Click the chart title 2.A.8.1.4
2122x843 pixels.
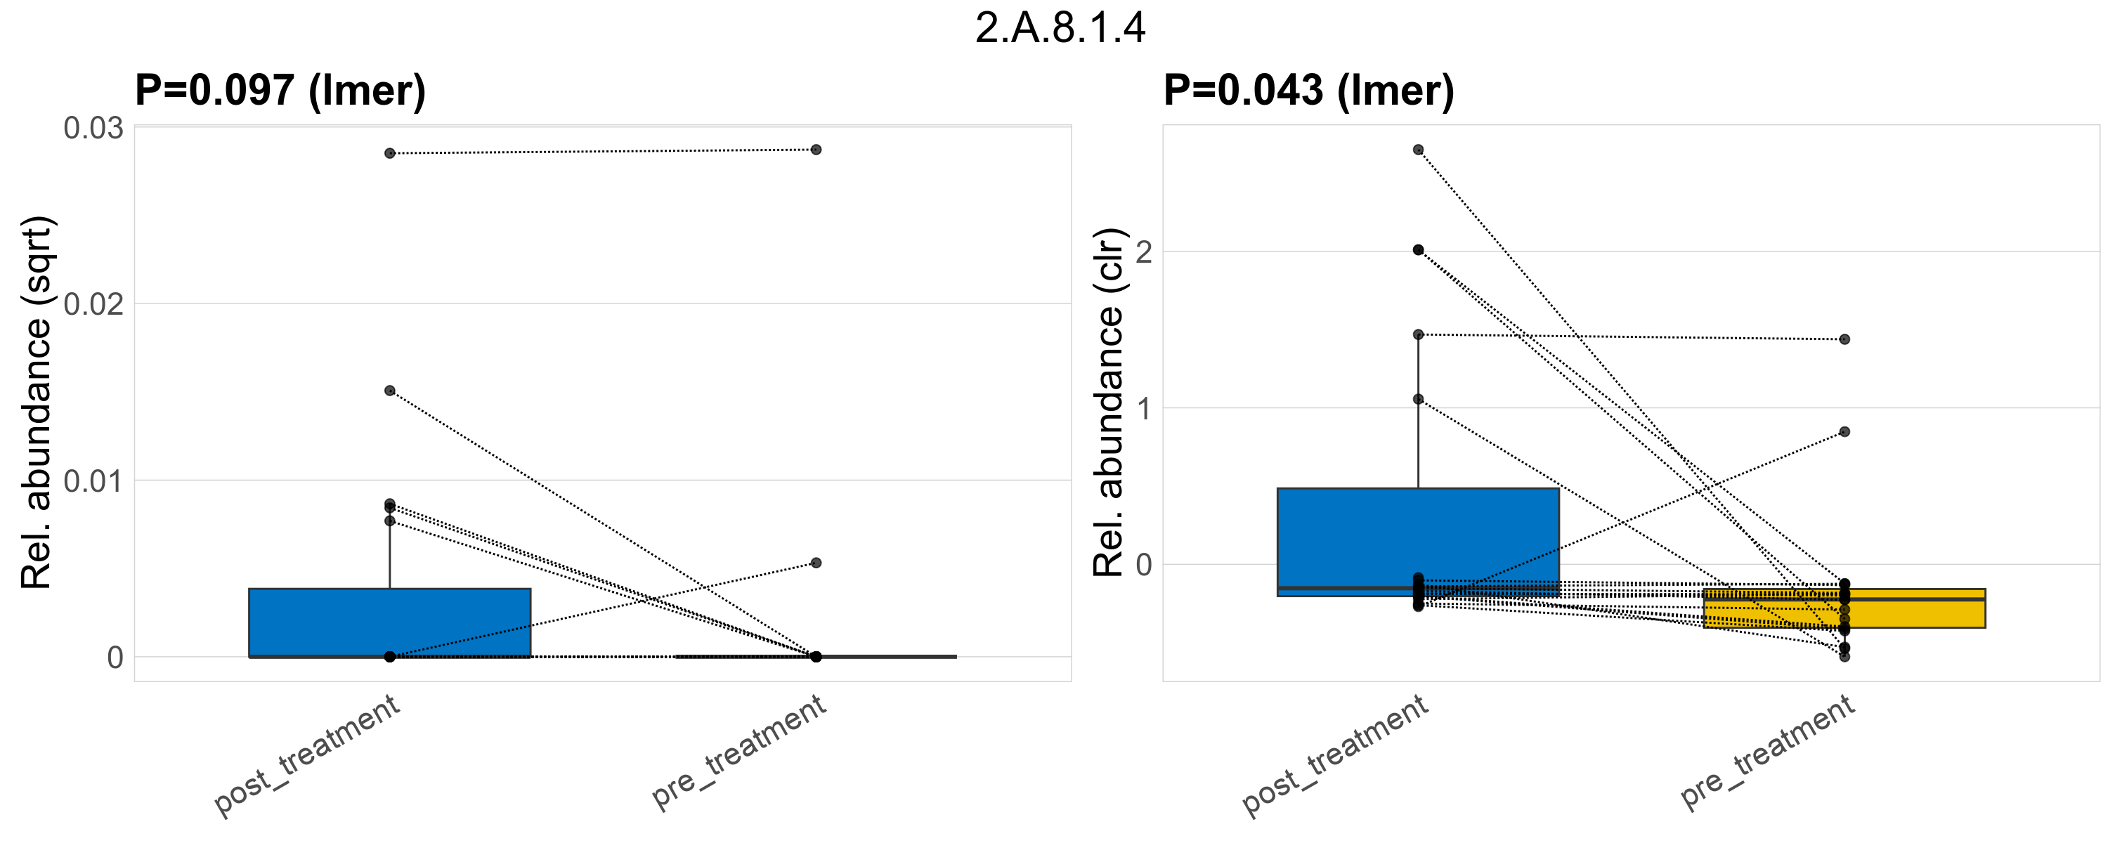point(1060,29)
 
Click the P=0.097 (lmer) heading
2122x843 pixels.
point(280,90)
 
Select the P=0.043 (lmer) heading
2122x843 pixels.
point(1308,90)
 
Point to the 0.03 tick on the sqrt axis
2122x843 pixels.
point(93,129)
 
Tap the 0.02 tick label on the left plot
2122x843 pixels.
point(93,305)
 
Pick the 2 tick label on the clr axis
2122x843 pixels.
point(1143,252)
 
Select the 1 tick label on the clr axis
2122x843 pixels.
point(1143,409)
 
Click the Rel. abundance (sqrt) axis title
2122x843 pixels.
point(37,403)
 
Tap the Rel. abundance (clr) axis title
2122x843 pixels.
point(1109,403)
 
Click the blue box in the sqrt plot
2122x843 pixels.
point(390,622)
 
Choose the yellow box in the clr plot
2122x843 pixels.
point(1844,608)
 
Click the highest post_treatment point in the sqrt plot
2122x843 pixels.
point(390,153)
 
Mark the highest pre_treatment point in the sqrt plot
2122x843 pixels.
point(816,150)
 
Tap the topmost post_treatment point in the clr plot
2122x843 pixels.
point(1419,150)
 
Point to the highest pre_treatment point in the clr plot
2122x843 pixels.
point(1844,339)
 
